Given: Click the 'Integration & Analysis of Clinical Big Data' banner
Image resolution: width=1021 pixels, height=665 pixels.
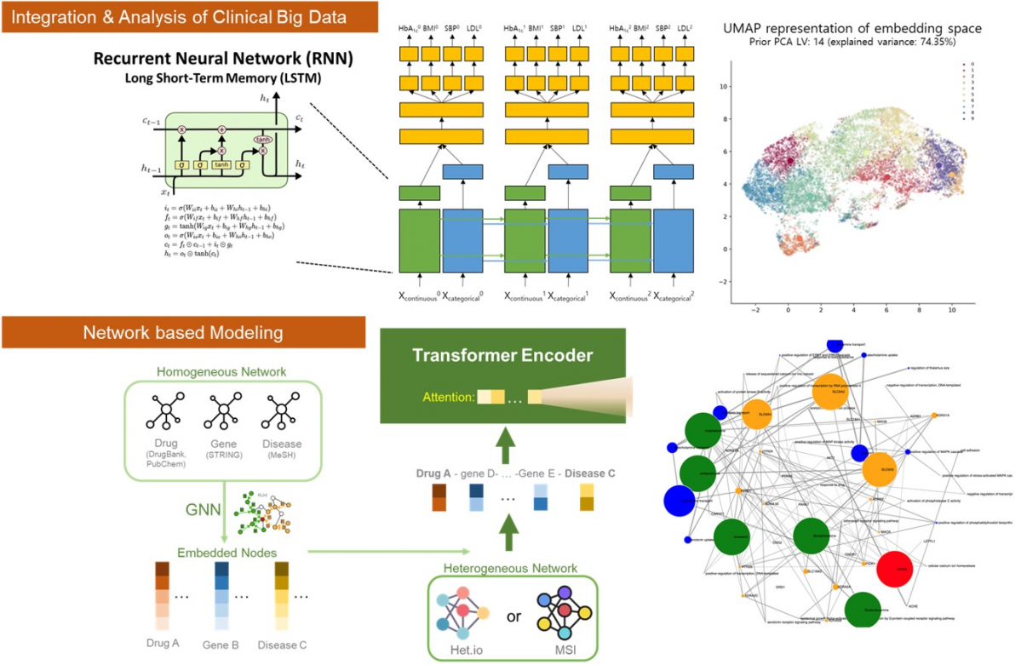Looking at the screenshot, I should tap(179, 17).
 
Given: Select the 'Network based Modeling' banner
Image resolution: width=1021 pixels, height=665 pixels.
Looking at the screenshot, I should tap(183, 331).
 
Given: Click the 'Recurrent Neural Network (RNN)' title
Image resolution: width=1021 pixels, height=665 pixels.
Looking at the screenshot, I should tap(224, 59).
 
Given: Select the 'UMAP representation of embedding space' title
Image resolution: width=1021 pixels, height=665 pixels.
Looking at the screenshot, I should tap(852, 29).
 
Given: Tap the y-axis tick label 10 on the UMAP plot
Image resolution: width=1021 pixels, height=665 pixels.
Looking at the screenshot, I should tap(720, 86).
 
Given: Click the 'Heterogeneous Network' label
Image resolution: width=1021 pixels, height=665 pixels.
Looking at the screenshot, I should tap(510, 568).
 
